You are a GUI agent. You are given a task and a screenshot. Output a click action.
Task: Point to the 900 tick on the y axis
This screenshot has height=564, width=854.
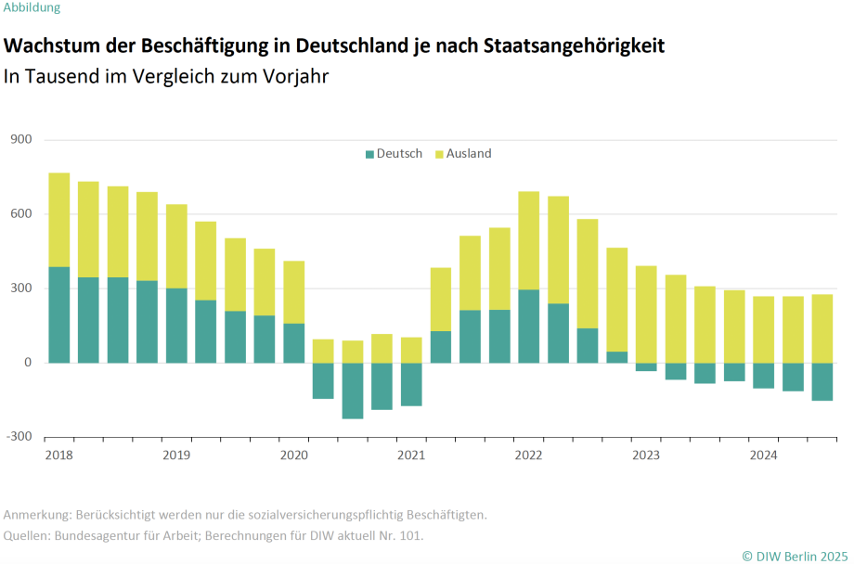(x=21, y=140)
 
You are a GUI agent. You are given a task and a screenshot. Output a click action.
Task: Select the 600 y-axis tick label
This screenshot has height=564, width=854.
(x=21, y=214)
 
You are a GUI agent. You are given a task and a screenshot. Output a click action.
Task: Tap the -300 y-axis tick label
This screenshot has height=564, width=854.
(x=19, y=437)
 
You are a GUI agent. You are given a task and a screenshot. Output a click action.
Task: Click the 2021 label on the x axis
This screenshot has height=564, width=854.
(x=411, y=455)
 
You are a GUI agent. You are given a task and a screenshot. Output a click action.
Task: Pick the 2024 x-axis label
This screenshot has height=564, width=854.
(x=764, y=455)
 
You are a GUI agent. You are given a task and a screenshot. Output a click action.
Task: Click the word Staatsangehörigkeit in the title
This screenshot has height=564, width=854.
(x=574, y=45)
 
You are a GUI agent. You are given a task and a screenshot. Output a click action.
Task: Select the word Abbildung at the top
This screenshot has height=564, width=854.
(x=32, y=7)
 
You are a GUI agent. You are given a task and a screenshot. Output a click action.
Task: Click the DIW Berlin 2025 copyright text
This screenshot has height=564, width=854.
(x=795, y=555)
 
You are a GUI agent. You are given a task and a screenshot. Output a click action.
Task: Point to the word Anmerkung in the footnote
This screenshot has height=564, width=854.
(x=36, y=514)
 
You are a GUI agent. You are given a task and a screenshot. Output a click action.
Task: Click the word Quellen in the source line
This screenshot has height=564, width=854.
(x=27, y=535)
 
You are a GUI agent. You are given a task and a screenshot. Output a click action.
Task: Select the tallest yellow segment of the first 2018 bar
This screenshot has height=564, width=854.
(x=59, y=220)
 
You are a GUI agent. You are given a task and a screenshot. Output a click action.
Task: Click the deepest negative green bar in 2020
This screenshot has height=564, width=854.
(x=353, y=391)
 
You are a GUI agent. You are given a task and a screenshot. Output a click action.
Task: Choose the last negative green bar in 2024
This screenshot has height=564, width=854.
(x=822, y=381)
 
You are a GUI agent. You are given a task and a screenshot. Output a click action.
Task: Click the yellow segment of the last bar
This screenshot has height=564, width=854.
(x=822, y=328)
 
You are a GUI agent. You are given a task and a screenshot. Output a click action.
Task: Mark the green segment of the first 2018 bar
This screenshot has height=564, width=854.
(x=59, y=314)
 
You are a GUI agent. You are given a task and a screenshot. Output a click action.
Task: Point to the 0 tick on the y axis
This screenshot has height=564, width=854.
(x=28, y=363)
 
